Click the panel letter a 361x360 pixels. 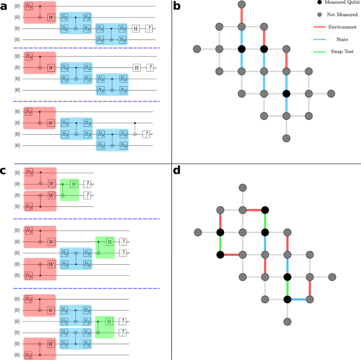pos(4,6)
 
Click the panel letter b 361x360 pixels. pos(177,6)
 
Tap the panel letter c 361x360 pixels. pos(4,172)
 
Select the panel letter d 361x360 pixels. pos(177,172)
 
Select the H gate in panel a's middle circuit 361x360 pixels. pos(135,67)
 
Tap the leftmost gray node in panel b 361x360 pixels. pos(197,49)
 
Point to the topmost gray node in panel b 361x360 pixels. pos(242,5)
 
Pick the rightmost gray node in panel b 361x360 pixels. pos(331,94)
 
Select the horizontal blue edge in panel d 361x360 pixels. pos(298,299)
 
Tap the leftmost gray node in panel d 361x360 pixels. pos(198,232)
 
